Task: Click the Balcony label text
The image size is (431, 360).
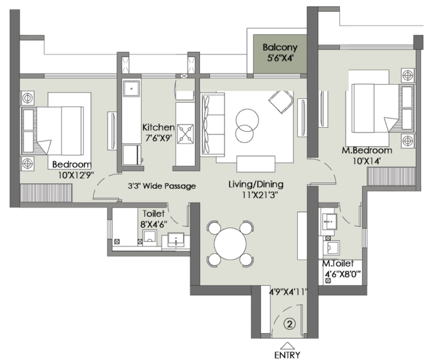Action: click(280, 47)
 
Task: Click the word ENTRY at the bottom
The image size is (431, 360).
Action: click(287, 355)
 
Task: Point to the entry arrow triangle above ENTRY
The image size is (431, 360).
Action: click(287, 346)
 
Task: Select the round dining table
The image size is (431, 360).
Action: click(230, 243)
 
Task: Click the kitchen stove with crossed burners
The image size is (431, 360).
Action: click(185, 134)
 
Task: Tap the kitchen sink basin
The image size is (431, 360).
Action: click(131, 89)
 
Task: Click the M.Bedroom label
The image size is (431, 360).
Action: click(367, 150)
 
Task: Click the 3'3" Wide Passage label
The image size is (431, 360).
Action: click(161, 186)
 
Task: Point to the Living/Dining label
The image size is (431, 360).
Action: click(256, 184)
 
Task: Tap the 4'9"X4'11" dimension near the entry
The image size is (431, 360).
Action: click(289, 291)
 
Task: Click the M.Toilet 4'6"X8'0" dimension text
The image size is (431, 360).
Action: click(342, 274)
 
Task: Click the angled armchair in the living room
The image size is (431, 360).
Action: click(281, 102)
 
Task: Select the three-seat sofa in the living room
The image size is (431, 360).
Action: click(213, 125)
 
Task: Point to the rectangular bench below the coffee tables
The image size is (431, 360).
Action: click(256, 164)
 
